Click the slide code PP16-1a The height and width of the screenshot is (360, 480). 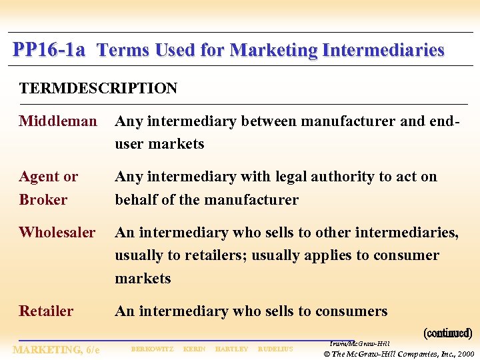tap(49, 50)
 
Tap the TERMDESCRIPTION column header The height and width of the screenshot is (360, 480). tap(98, 89)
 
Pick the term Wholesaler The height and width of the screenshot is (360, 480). tap(57, 233)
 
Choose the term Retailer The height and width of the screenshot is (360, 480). tap(46, 311)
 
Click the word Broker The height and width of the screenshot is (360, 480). tap(43, 200)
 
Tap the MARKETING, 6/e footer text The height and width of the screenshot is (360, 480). tap(57, 349)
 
